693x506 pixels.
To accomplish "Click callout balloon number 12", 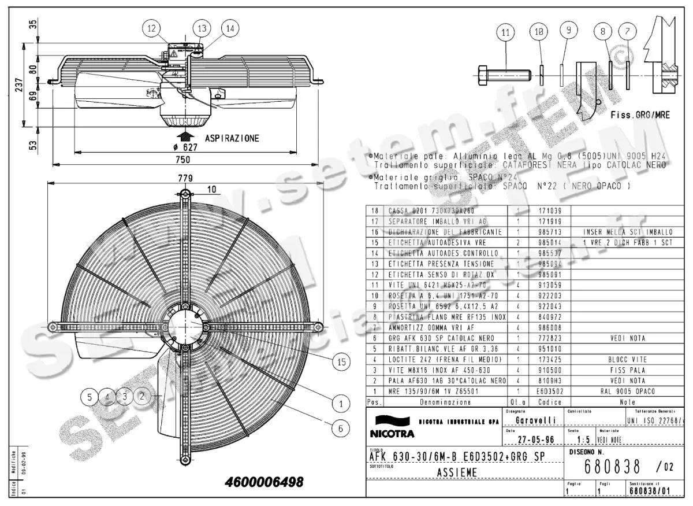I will (151, 28).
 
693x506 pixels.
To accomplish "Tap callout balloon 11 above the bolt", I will (506, 33).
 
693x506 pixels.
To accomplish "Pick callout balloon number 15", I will (341, 361).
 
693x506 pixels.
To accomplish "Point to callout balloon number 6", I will (341, 428).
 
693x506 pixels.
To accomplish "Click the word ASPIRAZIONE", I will (232, 138).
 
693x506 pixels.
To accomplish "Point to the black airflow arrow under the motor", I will (185, 136).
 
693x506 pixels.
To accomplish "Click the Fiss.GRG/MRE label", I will (640, 115).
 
